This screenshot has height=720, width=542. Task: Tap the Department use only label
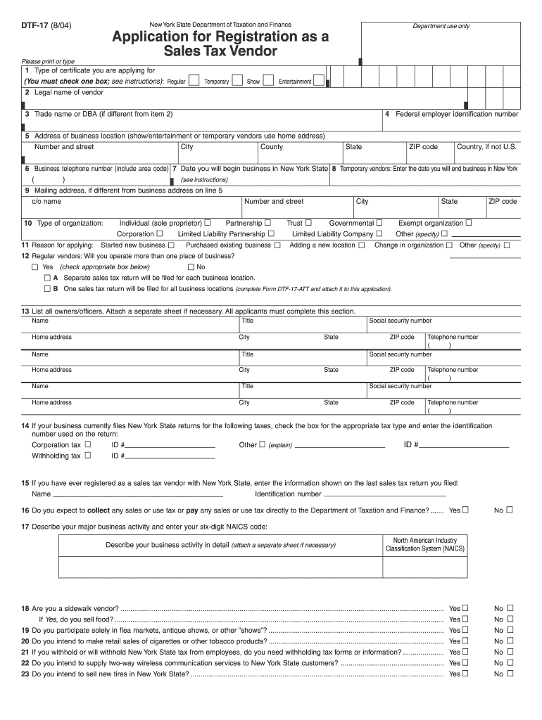[x=441, y=26]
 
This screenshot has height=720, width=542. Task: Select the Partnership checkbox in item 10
[x=267, y=223]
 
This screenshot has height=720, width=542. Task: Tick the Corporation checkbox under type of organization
[x=160, y=233]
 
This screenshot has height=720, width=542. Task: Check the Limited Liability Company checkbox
[x=379, y=233]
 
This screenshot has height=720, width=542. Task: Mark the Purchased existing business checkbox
[x=277, y=245]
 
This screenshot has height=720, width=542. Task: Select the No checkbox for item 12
[x=191, y=267]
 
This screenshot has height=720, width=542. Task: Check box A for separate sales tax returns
[x=47, y=278]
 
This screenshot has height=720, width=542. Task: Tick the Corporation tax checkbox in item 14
[x=88, y=444]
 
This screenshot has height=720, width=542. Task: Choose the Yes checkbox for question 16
[x=465, y=510]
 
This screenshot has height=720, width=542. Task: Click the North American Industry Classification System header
[x=424, y=544]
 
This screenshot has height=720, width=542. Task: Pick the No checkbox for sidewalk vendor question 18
[x=510, y=608]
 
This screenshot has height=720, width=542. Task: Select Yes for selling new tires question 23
[x=465, y=674]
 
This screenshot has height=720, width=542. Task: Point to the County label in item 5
[x=272, y=147]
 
